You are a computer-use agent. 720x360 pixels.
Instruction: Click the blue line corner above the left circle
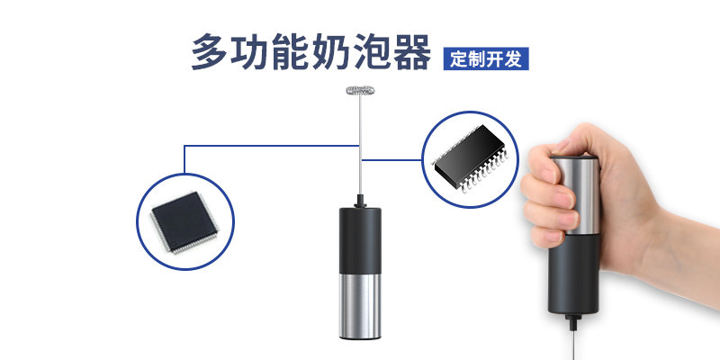tap(184, 146)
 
